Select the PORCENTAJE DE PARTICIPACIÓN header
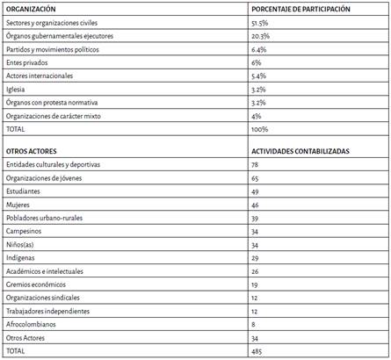300,7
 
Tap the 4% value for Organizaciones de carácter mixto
256,115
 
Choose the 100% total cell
259,128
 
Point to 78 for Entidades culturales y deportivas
256,164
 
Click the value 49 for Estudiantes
256,191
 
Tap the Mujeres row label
18,205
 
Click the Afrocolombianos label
34,323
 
